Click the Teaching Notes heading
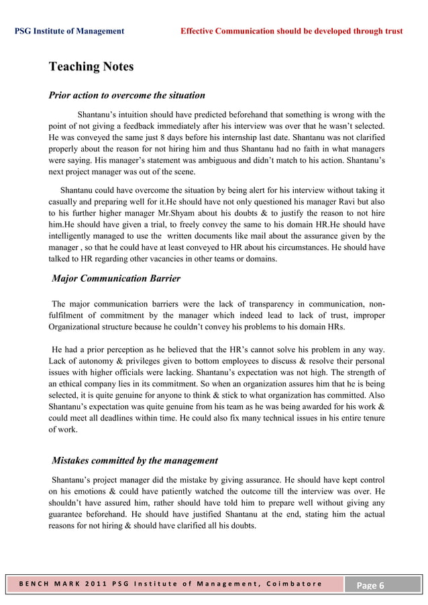click(x=91, y=67)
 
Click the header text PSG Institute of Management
click(x=69, y=31)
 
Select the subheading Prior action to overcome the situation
click(x=127, y=95)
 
